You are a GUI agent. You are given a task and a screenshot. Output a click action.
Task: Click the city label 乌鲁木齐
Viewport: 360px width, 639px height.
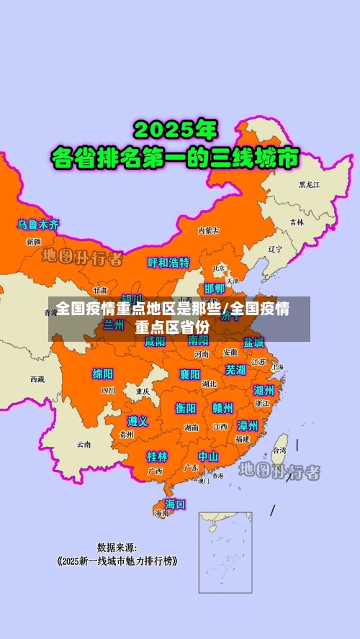[39, 225]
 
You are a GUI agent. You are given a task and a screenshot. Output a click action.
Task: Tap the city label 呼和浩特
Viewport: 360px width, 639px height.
[168, 263]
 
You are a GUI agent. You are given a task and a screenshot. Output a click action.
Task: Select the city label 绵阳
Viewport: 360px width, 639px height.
[103, 373]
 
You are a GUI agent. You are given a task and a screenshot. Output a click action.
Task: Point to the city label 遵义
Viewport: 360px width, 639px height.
[138, 421]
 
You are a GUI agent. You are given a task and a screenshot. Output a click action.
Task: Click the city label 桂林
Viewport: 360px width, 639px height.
[157, 456]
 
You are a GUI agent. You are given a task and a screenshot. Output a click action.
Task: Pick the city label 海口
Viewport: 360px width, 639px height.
[175, 504]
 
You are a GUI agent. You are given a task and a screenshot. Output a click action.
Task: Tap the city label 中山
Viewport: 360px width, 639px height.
[208, 456]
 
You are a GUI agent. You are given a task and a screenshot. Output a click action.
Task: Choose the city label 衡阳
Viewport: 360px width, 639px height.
[186, 408]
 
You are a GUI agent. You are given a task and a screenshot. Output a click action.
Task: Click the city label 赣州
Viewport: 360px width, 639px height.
[222, 408]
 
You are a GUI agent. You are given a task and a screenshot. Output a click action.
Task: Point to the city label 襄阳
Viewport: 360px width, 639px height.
[190, 374]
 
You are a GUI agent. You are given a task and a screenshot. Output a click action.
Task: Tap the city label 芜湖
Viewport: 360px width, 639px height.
[235, 370]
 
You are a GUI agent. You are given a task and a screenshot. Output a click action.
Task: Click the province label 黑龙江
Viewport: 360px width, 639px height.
[310, 185]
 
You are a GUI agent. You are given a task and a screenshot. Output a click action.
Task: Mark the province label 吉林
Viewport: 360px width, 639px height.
[297, 222]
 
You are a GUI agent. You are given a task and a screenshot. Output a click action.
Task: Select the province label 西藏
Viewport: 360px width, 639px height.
[37, 379]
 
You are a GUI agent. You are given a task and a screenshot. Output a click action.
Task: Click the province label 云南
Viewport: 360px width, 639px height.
[84, 444]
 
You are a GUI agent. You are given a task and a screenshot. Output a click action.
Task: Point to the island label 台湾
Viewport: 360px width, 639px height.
[278, 450]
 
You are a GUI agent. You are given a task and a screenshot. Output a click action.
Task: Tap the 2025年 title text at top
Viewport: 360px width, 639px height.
[175, 130]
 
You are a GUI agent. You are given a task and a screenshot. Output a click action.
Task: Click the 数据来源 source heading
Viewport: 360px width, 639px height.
[117, 547]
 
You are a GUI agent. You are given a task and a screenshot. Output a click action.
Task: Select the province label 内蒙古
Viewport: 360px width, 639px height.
[207, 231]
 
